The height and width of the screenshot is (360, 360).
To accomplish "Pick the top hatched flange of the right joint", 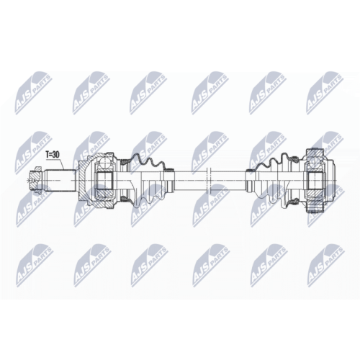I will point(315,153).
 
